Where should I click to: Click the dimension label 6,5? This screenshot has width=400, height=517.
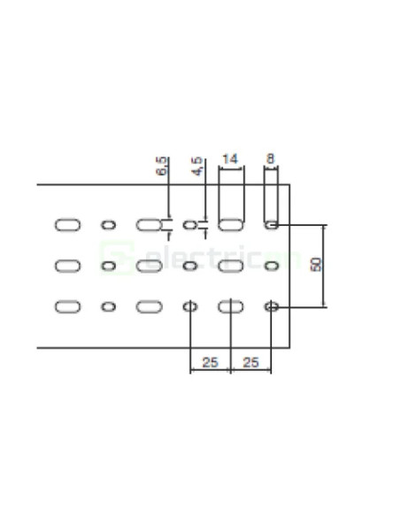tap(161, 166)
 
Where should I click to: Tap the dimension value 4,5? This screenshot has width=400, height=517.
tap(196, 166)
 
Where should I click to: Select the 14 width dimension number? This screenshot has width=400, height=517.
tap(230, 159)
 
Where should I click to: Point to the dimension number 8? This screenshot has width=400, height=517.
tap(271, 159)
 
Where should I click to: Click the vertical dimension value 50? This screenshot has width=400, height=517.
tap(316, 266)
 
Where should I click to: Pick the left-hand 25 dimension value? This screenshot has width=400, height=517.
tap(210, 361)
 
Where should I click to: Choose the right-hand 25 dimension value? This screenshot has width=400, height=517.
tap(250, 361)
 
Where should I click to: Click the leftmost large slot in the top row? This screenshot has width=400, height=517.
tap(67, 225)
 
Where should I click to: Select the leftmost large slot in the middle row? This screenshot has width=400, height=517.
tap(67, 266)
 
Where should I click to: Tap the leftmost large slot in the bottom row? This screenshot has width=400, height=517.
tap(67, 306)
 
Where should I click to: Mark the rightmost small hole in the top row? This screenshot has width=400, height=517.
tap(272, 225)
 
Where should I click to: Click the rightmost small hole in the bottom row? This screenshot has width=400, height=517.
tap(272, 306)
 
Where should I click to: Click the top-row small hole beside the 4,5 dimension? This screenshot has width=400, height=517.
tap(189, 225)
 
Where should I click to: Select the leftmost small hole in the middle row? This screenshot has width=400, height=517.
tap(108, 266)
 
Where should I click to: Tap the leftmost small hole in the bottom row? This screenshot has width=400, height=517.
tap(108, 306)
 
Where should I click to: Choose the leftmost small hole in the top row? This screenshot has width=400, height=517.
tap(108, 225)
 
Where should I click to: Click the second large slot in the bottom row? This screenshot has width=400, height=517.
tap(149, 306)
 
